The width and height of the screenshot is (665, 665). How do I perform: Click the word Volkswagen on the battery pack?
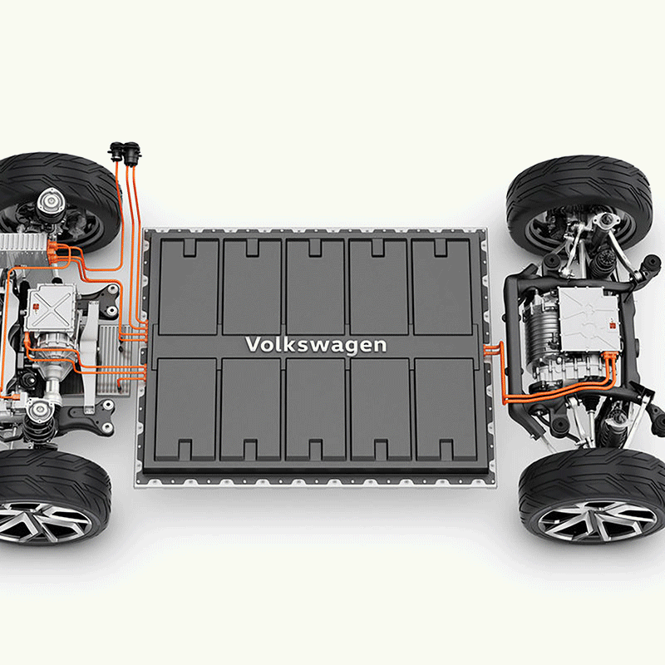tap(316, 345)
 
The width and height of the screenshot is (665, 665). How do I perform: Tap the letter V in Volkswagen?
tap(254, 344)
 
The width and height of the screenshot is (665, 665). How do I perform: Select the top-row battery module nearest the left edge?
tap(189, 287)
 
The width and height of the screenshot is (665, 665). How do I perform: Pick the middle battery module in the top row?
tap(315, 287)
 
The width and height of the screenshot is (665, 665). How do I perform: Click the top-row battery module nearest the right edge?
tap(442, 287)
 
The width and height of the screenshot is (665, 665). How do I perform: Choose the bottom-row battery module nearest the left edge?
tap(185, 410)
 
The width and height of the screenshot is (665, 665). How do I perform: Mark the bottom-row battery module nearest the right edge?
tap(446, 410)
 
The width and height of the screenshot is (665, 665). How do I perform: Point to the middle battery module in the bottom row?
tap(316, 410)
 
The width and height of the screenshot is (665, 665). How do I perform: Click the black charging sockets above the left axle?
tap(125, 154)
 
